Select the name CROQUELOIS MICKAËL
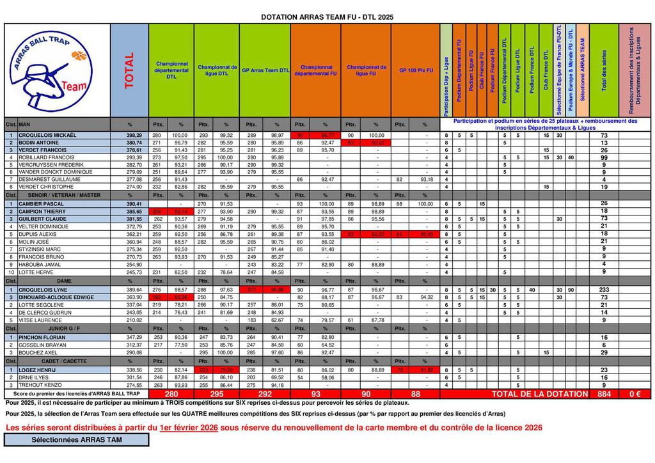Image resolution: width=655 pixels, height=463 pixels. (x=48, y=136)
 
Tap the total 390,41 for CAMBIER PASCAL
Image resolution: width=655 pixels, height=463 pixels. (x=134, y=203)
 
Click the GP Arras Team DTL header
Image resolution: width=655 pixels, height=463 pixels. (x=265, y=70)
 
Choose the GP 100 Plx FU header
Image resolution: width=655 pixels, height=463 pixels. (x=416, y=70)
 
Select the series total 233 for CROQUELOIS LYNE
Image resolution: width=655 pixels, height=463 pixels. (x=604, y=290)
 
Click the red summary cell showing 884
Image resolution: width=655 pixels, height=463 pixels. (x=604, y=394)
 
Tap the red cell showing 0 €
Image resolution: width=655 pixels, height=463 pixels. (x=635, y=394)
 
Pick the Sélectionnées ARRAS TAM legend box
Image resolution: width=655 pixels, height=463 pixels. (x=76, y=440)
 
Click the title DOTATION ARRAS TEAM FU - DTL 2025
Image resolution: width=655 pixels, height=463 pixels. (x=327, y=17)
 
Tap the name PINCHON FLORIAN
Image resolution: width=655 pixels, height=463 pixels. (x=42, y=337)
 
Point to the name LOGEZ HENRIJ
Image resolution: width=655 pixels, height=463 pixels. (x=37, y=370)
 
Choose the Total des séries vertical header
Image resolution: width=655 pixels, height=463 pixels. (x=604, y=70)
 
